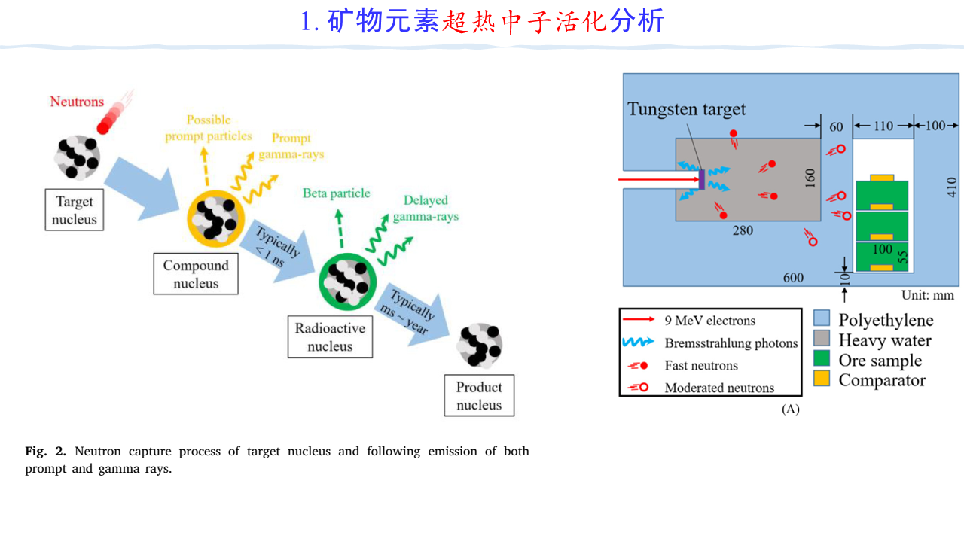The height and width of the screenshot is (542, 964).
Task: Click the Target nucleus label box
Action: click(75, 211)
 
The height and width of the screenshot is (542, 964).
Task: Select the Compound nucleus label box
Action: click(196, 274)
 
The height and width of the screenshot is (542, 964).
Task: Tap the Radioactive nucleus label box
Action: click(330, 337)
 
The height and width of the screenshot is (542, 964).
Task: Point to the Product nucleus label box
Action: click(479, 396)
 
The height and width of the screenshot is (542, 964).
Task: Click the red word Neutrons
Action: click(77, 102)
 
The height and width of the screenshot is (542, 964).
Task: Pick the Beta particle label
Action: click(337, 193)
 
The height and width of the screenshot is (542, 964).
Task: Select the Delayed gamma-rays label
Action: click(426, 209)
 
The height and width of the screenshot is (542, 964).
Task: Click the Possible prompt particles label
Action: click(209, 128)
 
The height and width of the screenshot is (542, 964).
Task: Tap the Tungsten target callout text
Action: click(687, 109)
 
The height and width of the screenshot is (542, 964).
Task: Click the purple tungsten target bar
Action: click(702, 180)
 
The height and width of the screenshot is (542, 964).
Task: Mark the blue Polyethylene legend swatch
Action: click(822, 320)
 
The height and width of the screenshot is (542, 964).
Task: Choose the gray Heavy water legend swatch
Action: click(822, 340)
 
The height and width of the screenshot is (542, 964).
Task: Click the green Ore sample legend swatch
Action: click(822, 360)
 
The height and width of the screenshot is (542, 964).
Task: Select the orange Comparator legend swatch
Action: click(822, 379)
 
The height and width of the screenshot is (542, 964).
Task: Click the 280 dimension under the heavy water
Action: click(743, 230)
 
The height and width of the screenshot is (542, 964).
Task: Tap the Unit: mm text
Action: click(928, 296)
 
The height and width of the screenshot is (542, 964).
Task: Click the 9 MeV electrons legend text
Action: click(709, 321)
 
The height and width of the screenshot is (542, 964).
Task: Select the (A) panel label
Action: click(790, 409)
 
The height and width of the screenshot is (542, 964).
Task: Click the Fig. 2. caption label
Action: click(46, 452)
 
